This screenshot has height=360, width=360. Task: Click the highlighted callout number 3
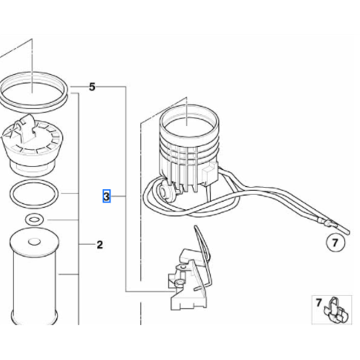point(106,196)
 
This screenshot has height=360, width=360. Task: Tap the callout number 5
point(92,87)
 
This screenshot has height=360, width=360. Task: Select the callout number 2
point(99,245)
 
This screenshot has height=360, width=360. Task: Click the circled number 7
point(335,243)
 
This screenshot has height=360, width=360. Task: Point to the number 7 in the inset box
point(318,302)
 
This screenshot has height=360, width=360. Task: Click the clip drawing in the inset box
point(337,311)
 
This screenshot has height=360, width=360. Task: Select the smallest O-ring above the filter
point(34,220)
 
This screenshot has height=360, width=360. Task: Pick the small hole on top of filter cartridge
point(34,242)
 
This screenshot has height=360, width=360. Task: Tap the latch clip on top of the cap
point(26,129)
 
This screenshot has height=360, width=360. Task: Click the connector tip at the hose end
point(328,223)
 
